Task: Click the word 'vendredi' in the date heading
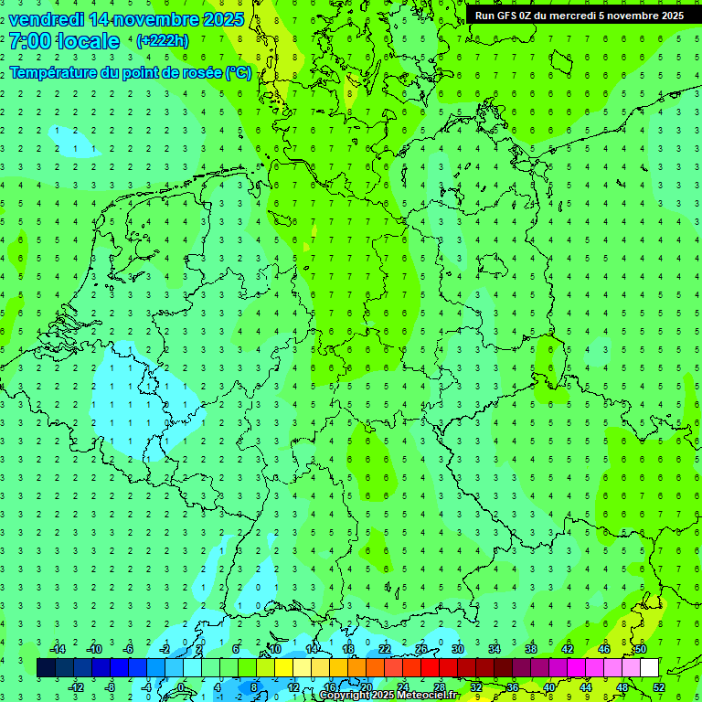point(47,19)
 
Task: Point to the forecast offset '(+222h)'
point(162,41)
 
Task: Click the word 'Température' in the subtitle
point(57,72)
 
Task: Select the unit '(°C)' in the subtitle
point(239,72)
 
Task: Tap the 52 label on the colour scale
point(659,687)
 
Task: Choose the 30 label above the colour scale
point(458,649)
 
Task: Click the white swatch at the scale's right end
point(649,668)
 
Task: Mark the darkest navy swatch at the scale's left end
point(46,668)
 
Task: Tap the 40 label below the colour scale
point(549,687)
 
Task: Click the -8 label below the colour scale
point(110,687)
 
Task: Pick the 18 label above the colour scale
point(348,649)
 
